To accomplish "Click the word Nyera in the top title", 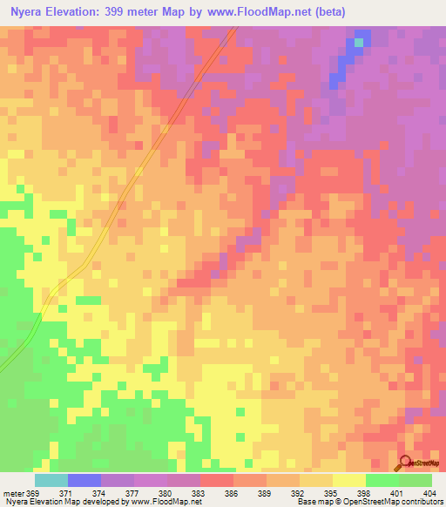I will point(31,12).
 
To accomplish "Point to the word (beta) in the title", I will point(328,12).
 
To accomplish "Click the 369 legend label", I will point(34,494).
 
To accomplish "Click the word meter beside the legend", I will point(13,494).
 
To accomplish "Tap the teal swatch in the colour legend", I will point(51,480).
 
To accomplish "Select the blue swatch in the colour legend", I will point(84,480).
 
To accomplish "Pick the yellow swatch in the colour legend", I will point(349,480).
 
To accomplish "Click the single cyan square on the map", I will point(359,42).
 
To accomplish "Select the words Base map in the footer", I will point(313,503).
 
